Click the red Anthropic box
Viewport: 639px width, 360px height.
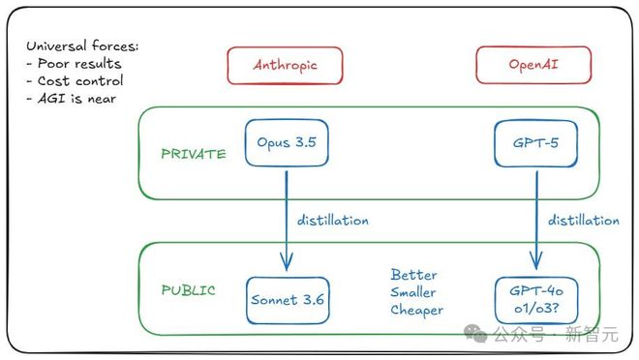pyautogui.click(x=286, y=65)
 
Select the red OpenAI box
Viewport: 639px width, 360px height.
pyautogui.click(x=533, y=65)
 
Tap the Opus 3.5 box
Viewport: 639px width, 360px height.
pyautogui.click(x=286, y=141)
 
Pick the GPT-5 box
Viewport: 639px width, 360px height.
pyautogui.click(x=533, y=141)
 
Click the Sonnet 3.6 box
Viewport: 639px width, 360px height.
pyautogui.click(x=287, y=299)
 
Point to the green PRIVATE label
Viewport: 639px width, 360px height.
pyautogui.click(x=194, y=154)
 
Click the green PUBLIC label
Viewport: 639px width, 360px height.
pyautogui.click(x=189, y=289)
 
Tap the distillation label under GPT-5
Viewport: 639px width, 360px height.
pyautogui.click(x=583, y=221)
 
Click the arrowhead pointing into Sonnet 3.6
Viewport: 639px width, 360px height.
pyautogui.click(x=287, y=262)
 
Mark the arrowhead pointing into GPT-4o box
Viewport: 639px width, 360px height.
pyautogui.click(x=534, y=262)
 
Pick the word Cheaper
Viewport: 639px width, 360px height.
pyautogui.click(x=417, y=310)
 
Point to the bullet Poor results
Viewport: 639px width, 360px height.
pyautogui.click(x=77, y=64)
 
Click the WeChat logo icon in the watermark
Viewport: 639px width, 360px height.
pyautogui.click(x=475, y=334)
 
